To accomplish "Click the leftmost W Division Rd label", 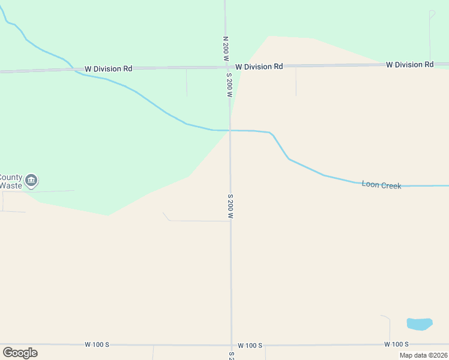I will [x=108, y=69].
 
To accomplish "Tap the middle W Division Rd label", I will [x=259, y=67].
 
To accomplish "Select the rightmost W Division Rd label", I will [x=409, y=64].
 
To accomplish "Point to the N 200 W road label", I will [x=226, y=49].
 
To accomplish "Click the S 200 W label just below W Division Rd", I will [x=229, y=85].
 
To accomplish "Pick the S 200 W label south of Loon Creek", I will [x=231, y=206].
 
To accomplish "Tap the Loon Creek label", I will [x=381, y=185].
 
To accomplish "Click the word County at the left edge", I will [x=10, y=178].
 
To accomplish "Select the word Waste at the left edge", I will [x=10, y=185].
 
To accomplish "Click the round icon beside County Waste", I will [x=32, y=180].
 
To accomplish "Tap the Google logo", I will [x=20, y=352].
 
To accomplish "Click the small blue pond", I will [x=420, y=324].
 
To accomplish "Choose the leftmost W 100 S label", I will [x=97, y=344].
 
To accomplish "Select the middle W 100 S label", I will [x=250, y=346].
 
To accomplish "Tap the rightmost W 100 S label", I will [x=396, y=344].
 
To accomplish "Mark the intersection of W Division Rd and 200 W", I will [x=228, y=67].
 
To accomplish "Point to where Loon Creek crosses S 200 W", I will [x=230, y=130].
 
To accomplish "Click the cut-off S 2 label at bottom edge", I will [x=232, y=355].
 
